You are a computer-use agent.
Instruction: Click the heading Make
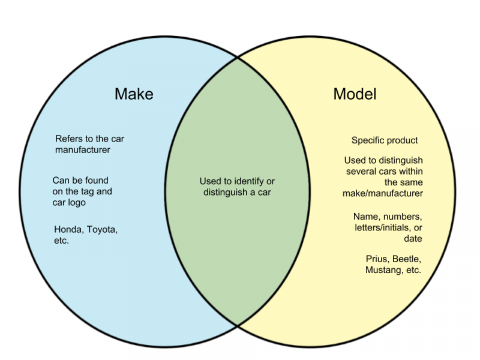134,94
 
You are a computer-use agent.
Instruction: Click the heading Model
355,94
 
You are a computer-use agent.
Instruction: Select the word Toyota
102,230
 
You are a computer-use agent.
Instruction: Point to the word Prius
377,259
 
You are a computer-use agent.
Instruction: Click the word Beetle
407,259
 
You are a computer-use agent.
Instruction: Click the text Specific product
385,140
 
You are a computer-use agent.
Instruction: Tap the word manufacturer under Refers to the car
83,149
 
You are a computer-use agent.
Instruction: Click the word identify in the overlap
249,182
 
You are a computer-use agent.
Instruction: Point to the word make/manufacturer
383,193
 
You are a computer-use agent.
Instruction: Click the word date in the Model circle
413,239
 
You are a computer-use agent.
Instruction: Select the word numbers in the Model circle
403,217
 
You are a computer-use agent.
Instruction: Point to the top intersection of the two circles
237,57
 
